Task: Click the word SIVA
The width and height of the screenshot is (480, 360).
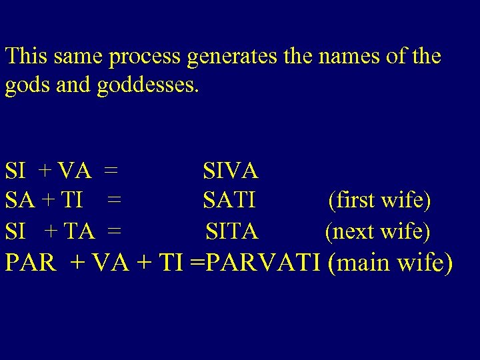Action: point(231,171)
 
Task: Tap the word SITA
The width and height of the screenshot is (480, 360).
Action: point(231,231)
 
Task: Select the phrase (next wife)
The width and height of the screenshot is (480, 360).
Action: point(377,231)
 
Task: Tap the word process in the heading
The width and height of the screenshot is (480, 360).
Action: point(145,57)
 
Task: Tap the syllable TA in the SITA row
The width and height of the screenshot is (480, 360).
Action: point(81,231)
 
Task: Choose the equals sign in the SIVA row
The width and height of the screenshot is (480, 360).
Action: point(111,171)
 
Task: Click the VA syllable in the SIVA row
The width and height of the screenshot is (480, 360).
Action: point(75,171)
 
